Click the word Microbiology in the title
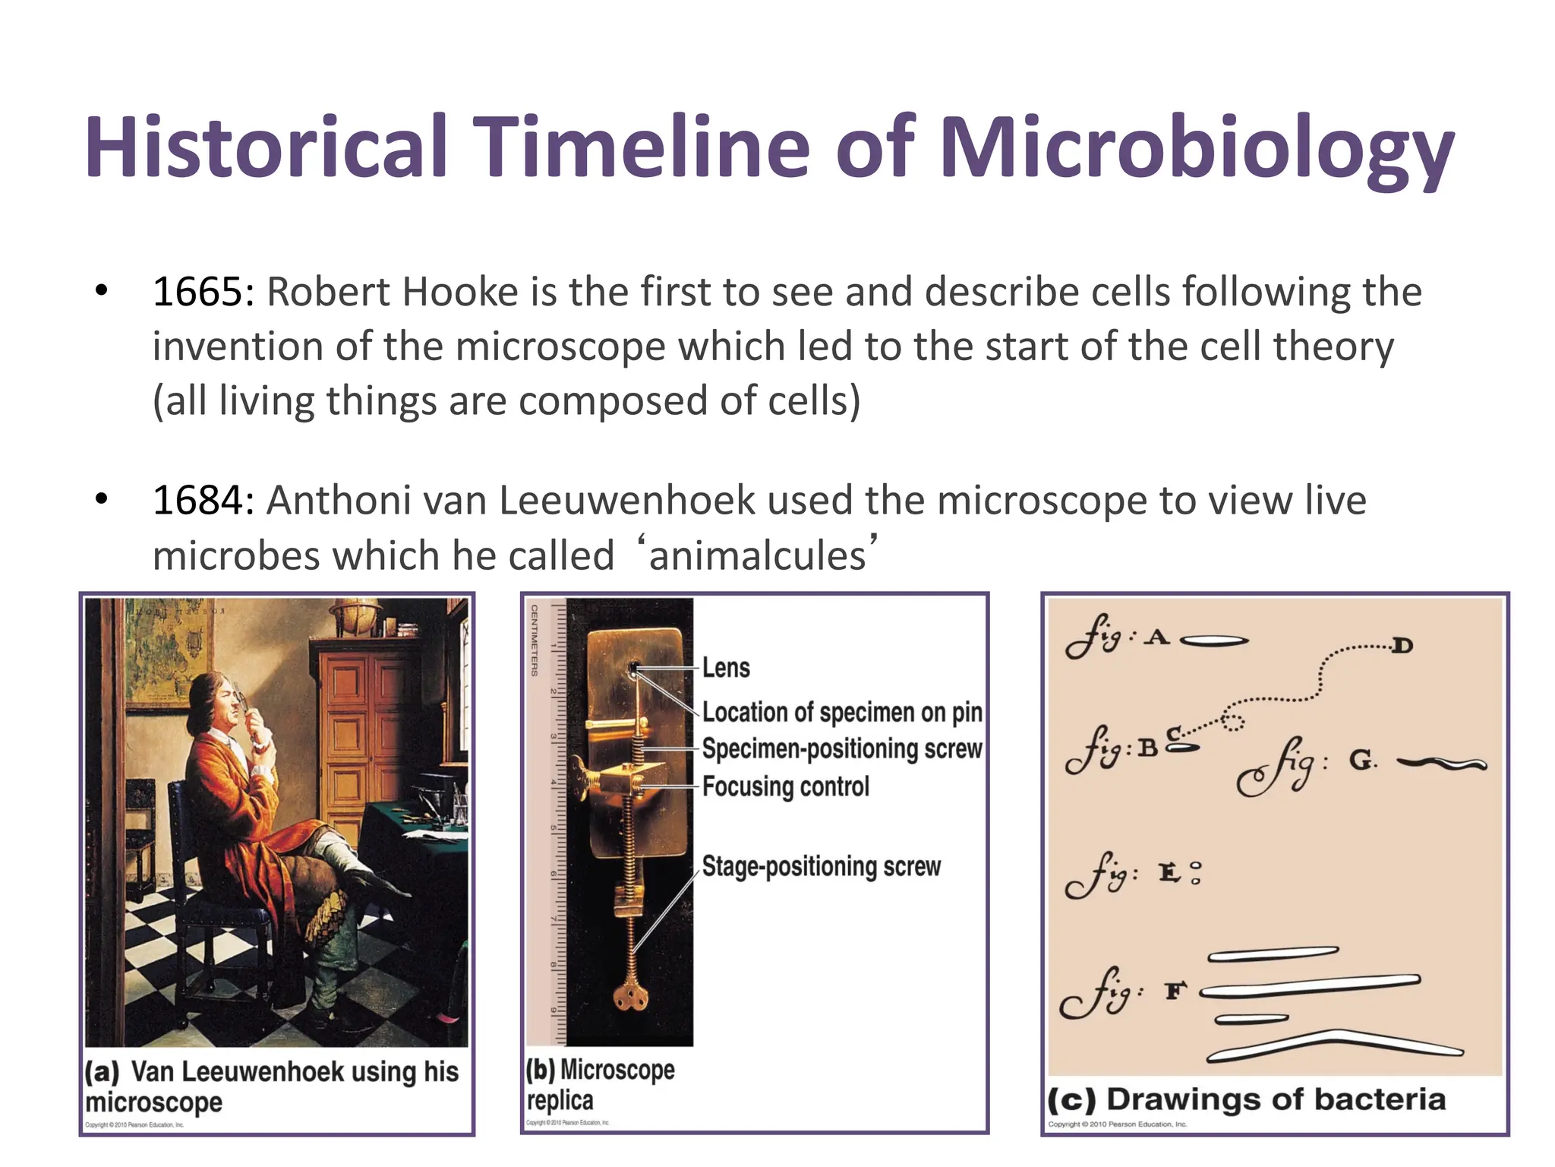pyautogui.click(x=1197, y=148)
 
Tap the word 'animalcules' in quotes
pyautogui.click(x=757, y=555)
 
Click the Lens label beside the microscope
pyautogui.click(x=725, y=668)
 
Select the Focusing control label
pyautogui.click(x=785, y=786)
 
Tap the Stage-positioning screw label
pyautogui.click(x=821, y=866)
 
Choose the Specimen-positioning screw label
pyautogui.click(x=841, y=749)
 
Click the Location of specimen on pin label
pyautogui.click(x=841, y=712)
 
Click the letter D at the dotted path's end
pyautogui.click(x=1402, y=647)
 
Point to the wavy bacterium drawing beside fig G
pyautogui.click(x=1441, y=764)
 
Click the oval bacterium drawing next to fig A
pyautogui.click(x=1215, y=641)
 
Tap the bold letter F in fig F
pyautogui.click(x=1175, y=991)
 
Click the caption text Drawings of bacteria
pyautogui.click(x=1276, y=1099)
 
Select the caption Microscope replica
pyautogui.click(x=600, y=1084)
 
